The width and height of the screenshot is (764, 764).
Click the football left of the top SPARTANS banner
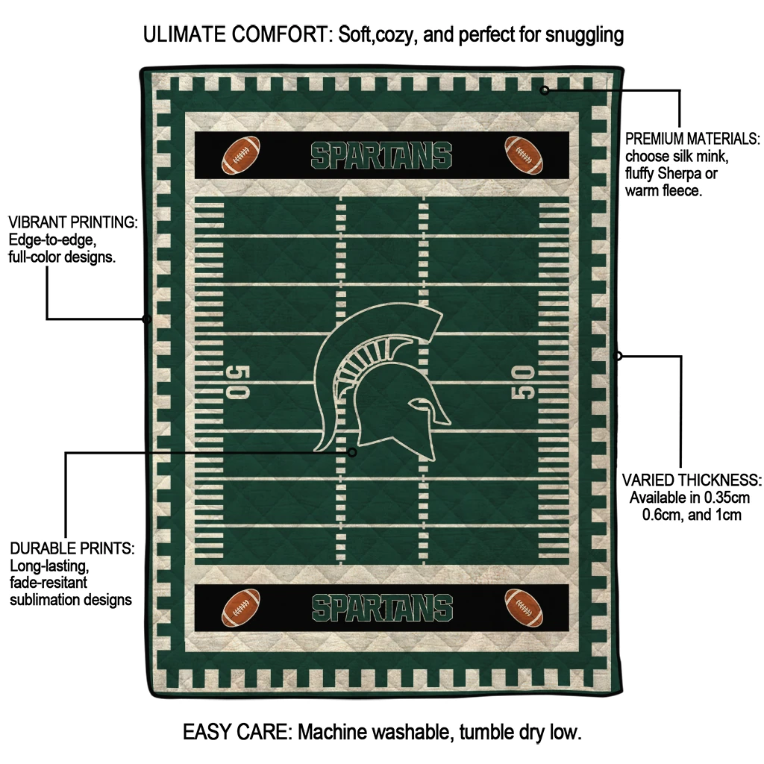241,154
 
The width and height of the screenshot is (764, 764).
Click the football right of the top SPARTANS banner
523,154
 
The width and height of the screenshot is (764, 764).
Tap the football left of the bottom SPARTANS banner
241,607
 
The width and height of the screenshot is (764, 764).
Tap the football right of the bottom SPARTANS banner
523,607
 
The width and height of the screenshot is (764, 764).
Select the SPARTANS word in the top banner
381,155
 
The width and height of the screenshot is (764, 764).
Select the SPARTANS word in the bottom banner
382,608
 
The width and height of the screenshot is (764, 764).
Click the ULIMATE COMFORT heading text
237,34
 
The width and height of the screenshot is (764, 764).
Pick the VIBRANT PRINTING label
72,222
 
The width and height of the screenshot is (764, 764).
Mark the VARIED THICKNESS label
691,480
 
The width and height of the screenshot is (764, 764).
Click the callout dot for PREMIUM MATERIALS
545,90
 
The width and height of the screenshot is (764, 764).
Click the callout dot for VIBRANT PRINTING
147,319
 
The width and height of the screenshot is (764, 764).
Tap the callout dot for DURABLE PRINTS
352,452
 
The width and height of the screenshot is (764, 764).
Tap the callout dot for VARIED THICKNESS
618,356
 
